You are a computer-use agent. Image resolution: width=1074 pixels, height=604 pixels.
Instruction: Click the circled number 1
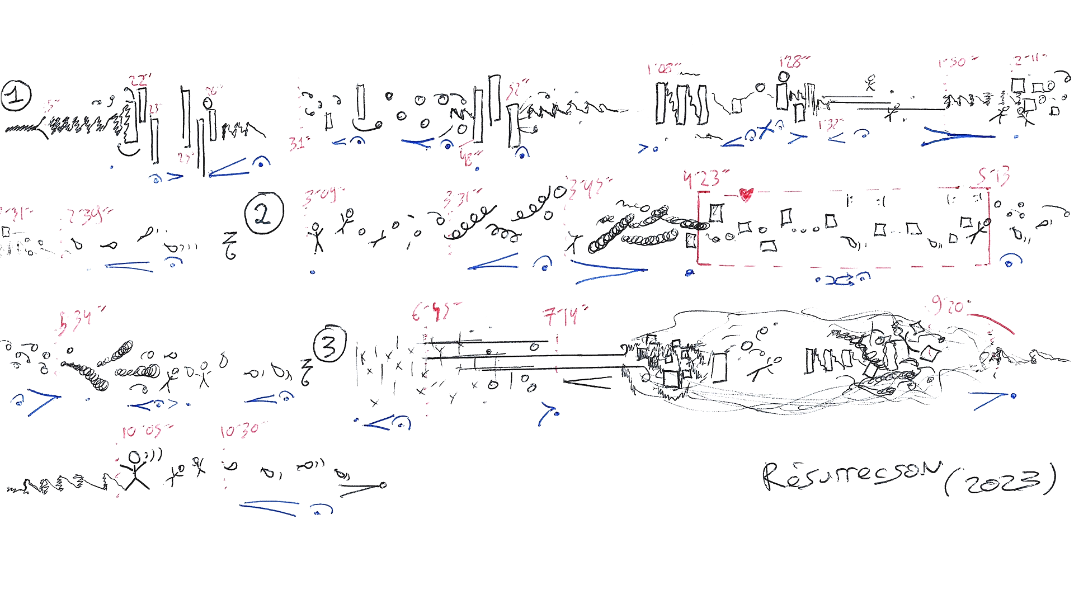tap(16, 96)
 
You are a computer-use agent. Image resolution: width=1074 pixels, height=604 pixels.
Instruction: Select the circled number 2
tap(264, 214)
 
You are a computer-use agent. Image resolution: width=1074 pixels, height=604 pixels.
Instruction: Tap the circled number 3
tap(330, 344)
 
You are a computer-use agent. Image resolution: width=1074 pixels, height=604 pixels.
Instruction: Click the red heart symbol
tap(746, 194)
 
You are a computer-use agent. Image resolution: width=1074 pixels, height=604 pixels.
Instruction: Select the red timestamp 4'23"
tap(705, 178)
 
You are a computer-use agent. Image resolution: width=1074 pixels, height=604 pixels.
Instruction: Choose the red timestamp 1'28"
tap(794, 61)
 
